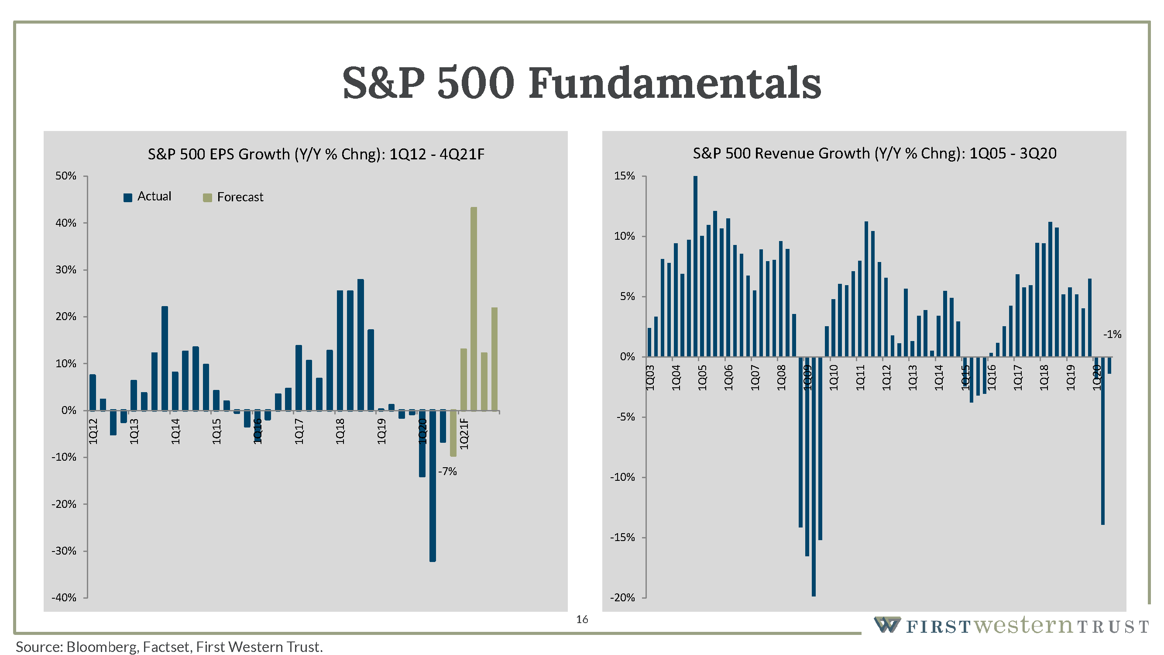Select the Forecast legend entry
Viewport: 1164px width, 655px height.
[x=233, y=197]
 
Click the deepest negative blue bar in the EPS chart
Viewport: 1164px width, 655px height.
[x=433, y=486]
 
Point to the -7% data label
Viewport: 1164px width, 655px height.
[x=447, y=472]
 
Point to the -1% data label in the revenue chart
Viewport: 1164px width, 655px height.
[x=1112, y=334]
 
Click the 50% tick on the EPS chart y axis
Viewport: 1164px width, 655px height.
[x=66, y=176]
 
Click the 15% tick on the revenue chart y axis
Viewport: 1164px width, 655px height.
[x=625, y=176]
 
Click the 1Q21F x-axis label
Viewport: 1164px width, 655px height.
[x=464, y=434]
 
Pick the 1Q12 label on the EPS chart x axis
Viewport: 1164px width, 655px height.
[x=93, y=431]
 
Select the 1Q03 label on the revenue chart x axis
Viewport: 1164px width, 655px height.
[x=650, y=378]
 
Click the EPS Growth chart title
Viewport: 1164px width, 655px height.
[x=316, y=154]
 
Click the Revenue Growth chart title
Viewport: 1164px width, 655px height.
[x=874, y=153]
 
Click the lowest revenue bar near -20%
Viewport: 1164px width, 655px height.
[x=814, y=477]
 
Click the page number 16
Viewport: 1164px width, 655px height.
[x=582, y=619]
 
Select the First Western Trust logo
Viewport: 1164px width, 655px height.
[x=1011, y=626]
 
